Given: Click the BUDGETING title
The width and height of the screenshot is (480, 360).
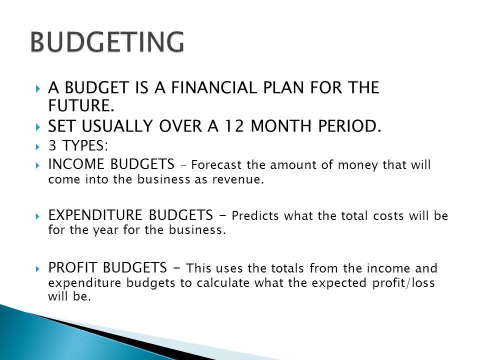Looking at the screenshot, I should pyautogui.click(x=106, y=42).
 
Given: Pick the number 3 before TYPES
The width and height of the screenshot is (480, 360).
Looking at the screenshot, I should pyautogui.click(x=52, y=147).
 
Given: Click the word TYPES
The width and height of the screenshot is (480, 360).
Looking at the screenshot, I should pyautogui.click(x=76, y=147).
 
